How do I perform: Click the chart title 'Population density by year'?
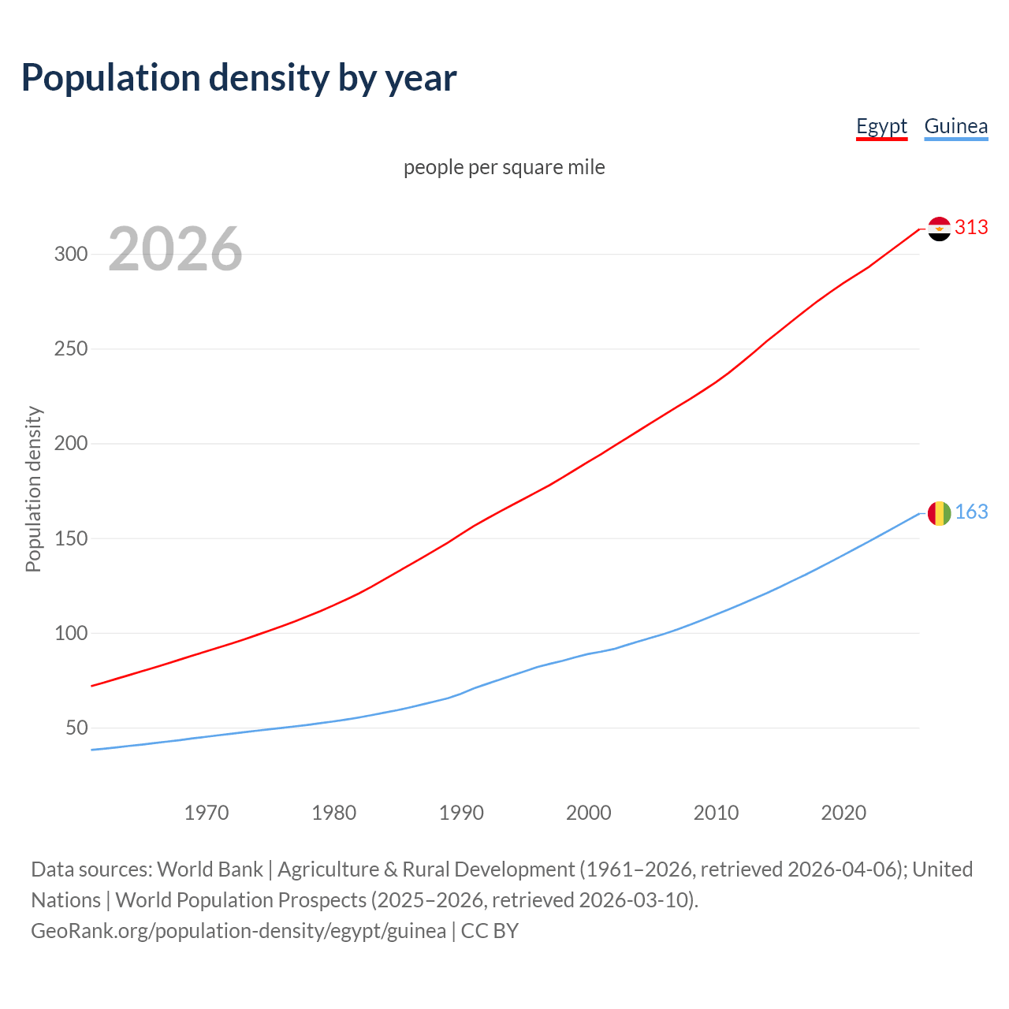(x=239, y=77)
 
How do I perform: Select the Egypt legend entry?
(x=881, y=126)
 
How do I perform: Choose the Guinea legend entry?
(x=955, y=126)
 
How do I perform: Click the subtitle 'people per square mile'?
(x=504, y=167)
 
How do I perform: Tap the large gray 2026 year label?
(x=175, y=249)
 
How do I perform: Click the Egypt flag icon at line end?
(x=939, y=229)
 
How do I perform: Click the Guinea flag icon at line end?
(x=939, y=513)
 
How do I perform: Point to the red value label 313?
(x=971, y=228)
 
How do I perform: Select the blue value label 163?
(x=971, y=512)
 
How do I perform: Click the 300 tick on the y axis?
(x=70, y=255)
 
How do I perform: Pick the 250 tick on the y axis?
(x=70, y=349)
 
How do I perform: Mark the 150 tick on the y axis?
(x=70, y=538)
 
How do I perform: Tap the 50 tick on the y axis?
(x=76, y=728)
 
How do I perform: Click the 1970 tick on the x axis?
(x=207, y=813)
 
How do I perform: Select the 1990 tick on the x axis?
(x=461, y=813)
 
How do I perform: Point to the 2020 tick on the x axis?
(x=843, y=813)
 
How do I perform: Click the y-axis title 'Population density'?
(x=33, y=489)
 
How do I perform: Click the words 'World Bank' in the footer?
(x=210, y=869)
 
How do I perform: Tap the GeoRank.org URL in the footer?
(x=238, y=931)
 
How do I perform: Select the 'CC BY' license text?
(x=490, y=931)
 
